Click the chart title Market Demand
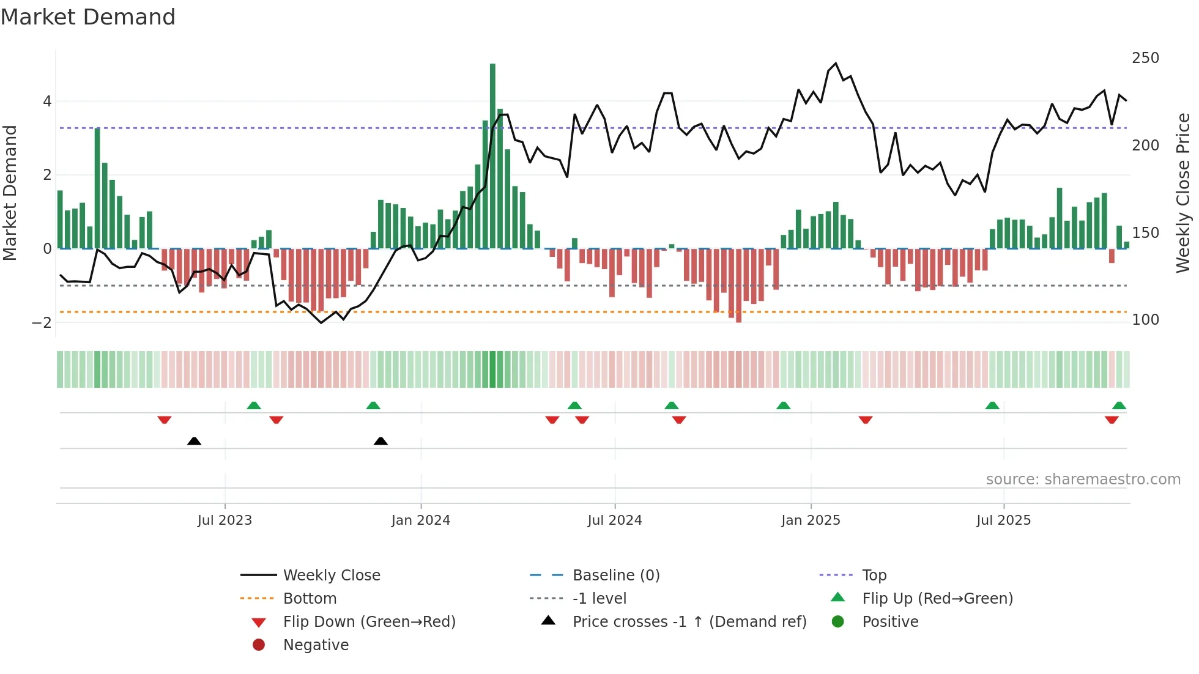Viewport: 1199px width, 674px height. point(88,17)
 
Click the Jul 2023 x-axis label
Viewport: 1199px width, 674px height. point(225,520)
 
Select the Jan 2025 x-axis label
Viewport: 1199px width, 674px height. point(811,520)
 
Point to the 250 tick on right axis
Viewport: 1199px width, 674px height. point(1145,58)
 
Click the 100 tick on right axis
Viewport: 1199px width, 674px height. point(1145,320)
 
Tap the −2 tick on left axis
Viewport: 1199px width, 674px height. point(42,322)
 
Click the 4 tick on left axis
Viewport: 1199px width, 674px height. point(47,102)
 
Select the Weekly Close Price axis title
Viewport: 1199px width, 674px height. point(1183,193)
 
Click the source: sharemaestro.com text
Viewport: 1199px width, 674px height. point(1083,480)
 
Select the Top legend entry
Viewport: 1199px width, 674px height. point(874,576)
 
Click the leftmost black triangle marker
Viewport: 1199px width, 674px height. point(194,441)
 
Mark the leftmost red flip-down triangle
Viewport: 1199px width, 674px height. point(164,420)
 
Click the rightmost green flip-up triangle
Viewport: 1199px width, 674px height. point(1119,406)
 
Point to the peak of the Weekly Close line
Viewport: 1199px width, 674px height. point(836,63)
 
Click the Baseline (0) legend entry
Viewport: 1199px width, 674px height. point(615,576)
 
